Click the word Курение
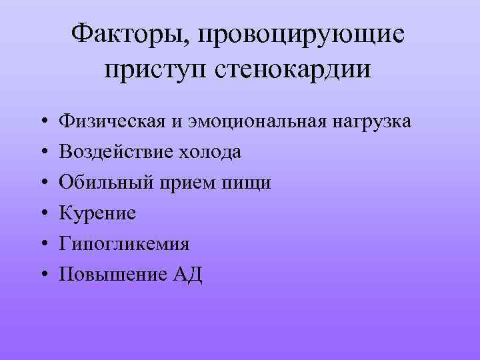tap(97, 214)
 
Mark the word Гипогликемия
tap(125, 244)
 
